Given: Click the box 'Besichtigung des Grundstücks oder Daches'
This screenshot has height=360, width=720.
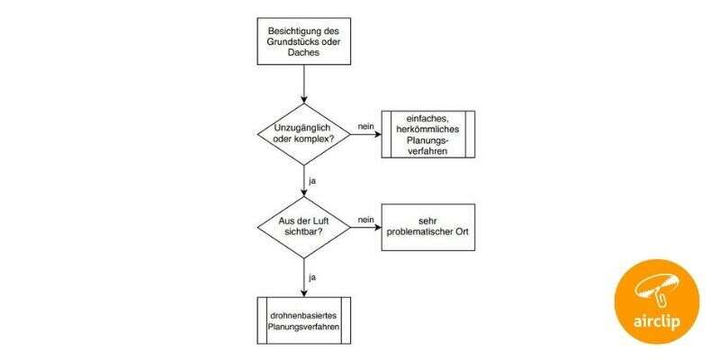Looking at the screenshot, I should click(x=305, y=40).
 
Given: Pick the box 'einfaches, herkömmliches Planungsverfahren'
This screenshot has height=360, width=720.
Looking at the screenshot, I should click(x=427, y=135).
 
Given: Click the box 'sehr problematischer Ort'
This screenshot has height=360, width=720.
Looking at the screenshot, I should click(x=427, y=226).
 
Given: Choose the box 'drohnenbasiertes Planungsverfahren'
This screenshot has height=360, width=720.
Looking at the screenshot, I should click(x=305, y=320).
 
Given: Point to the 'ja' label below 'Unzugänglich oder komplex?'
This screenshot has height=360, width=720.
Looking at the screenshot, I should click(x=312, y=180).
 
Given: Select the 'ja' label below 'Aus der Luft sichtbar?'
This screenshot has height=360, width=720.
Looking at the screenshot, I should click(x=312, y=276).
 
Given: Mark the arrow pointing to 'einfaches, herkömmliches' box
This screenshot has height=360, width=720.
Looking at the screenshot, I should click(x=365, y=135).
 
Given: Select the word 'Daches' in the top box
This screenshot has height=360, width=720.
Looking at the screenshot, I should click(x=305, y=53).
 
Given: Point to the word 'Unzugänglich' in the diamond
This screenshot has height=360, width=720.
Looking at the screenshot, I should click(x=305, y=129).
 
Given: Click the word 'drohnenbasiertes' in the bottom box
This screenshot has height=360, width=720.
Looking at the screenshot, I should click(x=305, y=314).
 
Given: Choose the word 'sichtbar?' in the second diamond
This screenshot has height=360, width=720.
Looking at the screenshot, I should click(x=305, y=233).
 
